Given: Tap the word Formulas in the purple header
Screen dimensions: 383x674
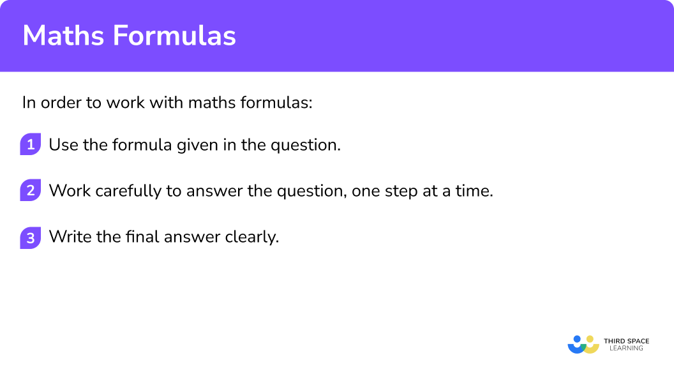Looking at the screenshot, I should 175,36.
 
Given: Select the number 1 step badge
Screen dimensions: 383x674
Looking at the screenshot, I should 30,144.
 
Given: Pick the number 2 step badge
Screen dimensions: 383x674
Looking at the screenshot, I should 30,191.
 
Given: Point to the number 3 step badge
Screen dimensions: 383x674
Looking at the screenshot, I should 30,237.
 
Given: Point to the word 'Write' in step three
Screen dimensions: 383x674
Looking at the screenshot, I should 68,237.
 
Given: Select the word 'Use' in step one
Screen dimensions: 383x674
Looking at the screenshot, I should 63,145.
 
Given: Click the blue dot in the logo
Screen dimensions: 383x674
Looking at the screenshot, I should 578,340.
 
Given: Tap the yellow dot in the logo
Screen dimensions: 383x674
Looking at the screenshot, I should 590,340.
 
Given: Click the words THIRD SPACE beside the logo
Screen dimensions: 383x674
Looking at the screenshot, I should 626,342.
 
